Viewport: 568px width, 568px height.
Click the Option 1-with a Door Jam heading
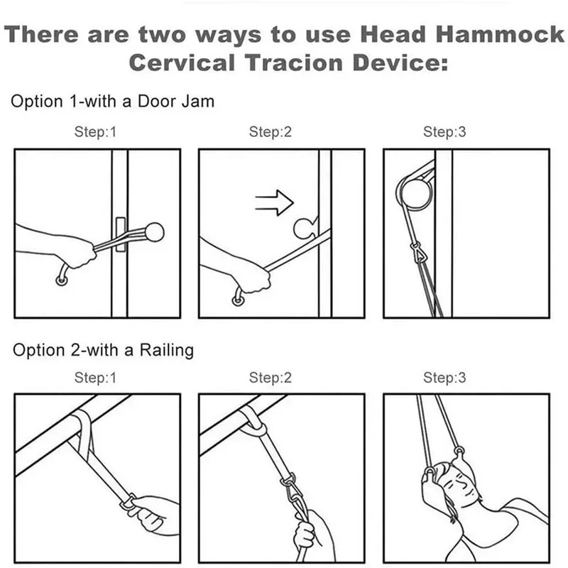(x=112, y=102)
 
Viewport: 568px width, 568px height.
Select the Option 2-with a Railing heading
(x=103, y=350)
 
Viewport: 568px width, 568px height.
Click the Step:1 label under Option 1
(x=94, y=132)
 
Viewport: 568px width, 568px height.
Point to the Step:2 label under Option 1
(x=270, y=132)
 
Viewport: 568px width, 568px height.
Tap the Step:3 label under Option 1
(x=444, y=132)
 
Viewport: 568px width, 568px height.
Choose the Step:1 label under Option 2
(x=94, y=378)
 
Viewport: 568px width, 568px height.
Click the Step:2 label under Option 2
(x=270, y=378)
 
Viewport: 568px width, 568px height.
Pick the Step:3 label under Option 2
(x=444, y=378)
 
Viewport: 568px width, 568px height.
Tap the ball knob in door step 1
(x=154, y=231)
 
